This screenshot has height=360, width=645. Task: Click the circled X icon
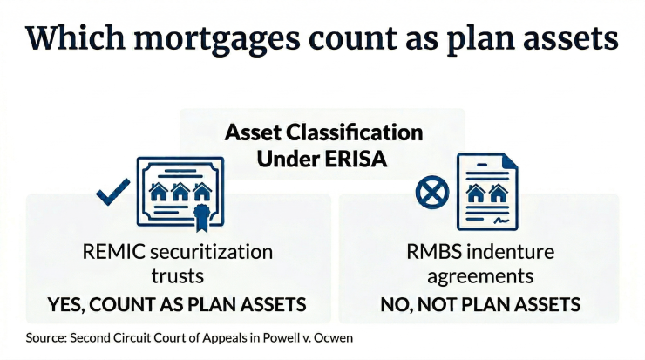click(x=428, y=194)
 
